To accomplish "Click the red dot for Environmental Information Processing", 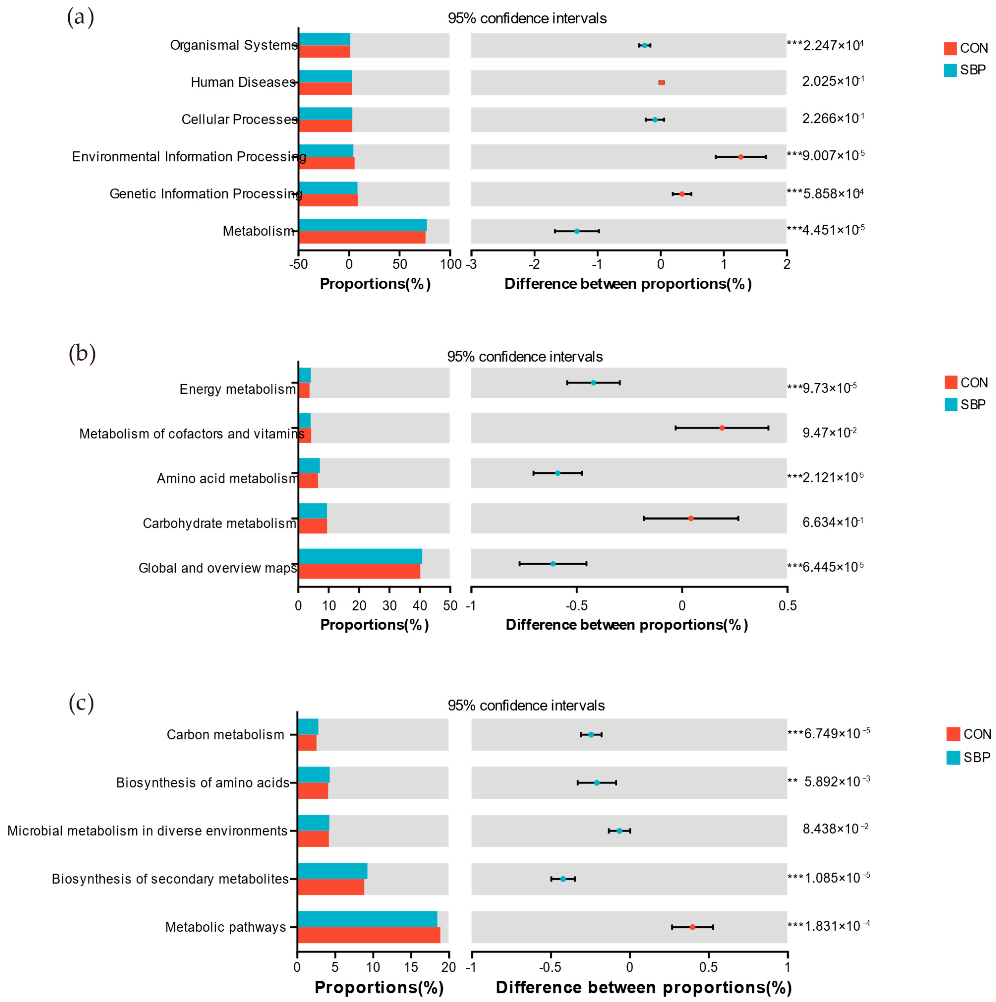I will (x=740, y=157).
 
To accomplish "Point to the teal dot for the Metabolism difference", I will (x=576, y=231).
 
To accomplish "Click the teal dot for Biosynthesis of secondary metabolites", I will (x=563, y=879).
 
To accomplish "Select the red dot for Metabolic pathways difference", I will (x=692, y=927).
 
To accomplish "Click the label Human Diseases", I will (x=243, y=82).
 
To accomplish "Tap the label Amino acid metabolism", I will (x=227, y=478).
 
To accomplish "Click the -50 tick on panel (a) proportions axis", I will (x=298, y=264).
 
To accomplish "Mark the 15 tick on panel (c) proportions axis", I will (x=411, y=967).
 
